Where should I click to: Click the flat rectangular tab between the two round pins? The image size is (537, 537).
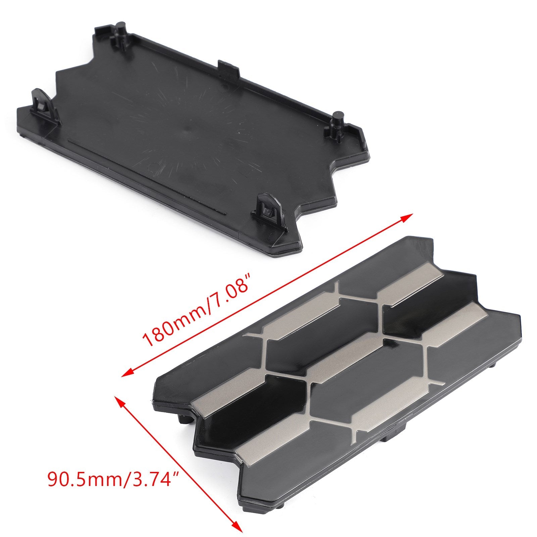click(x=229, y=66)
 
